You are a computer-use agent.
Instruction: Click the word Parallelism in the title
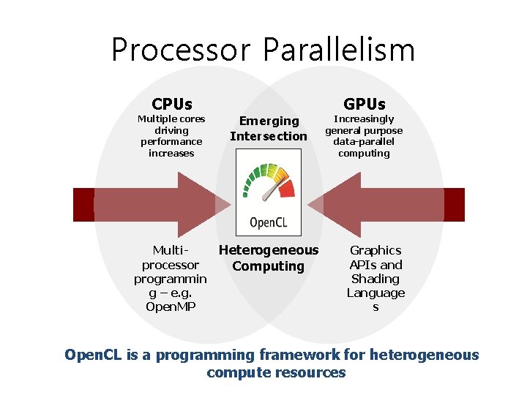tap(338, 50)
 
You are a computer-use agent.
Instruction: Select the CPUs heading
tap(171, 104)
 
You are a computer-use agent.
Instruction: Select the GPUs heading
tap(364, 104)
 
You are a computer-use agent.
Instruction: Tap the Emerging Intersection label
tap(269, 128)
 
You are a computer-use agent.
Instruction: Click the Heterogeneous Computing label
tap(269, 258)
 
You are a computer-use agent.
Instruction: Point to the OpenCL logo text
tap(269, 222)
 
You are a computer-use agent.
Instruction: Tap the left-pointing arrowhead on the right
tap(341, 204)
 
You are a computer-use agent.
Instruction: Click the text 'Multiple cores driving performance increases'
tap(171, 136)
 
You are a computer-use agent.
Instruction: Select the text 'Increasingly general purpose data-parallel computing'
tap(364, 136)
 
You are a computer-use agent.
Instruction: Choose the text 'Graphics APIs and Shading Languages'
tap(375, 279)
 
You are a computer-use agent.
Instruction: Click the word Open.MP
tap(171, 306)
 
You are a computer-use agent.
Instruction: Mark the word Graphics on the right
tap(375, 250)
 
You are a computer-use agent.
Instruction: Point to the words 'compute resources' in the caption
tap(276, 373)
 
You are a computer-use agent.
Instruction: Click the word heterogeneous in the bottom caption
tap(424, 355)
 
